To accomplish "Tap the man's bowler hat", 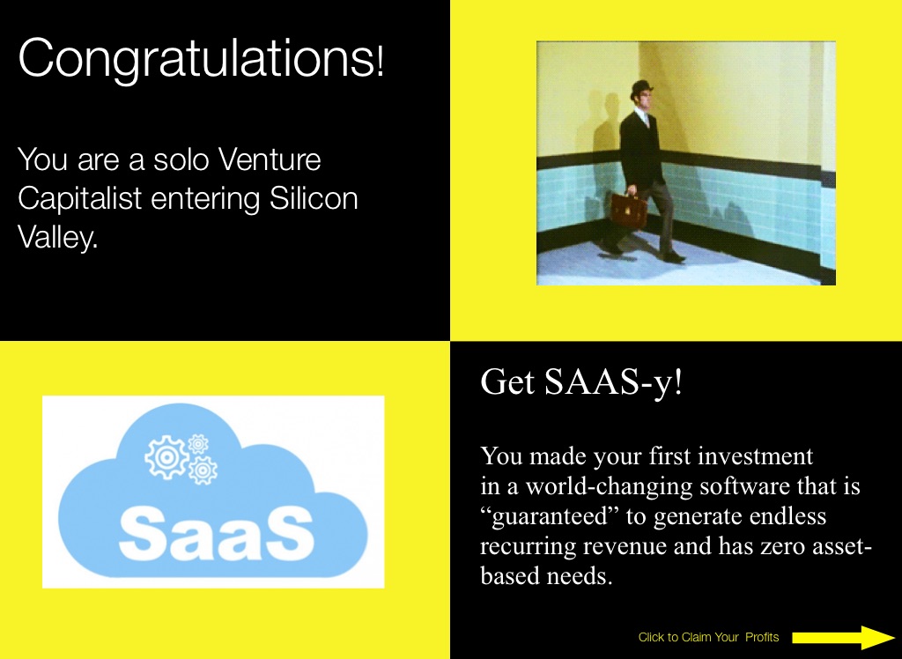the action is pyautogui.click(x=641, y=89).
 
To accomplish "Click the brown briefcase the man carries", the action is pyautogui.click(x=628, y=211).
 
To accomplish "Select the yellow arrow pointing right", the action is pyautogui.click(x=843, y=637).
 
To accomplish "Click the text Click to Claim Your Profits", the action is pyautogui.click(x=708, y=637).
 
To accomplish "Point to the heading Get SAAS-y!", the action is pyautogui.click(x=581, y=381).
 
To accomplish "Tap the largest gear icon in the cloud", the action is pyautogui.click(x=166, y=457).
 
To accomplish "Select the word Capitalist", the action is pyautogui.click(x=80, y=198).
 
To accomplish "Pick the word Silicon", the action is pyautogui.click(x=314, y=198).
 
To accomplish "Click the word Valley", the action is pyautogui.click(x=57, y=237).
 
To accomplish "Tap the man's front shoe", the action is pyautogui.click(x=673, y=256).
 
